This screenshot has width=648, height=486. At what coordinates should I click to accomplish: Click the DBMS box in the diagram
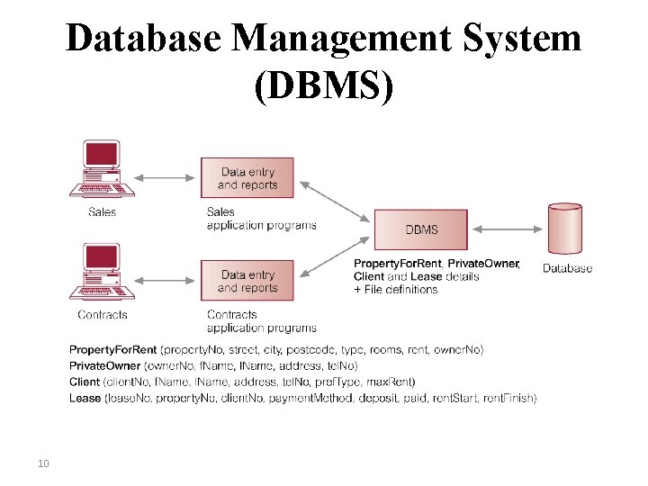420,229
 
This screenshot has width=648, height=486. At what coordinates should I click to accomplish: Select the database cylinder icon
565,229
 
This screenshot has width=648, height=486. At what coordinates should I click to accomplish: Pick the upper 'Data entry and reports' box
247,178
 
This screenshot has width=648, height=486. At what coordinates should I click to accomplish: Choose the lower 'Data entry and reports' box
247,281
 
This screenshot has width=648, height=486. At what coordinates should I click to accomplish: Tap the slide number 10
42,463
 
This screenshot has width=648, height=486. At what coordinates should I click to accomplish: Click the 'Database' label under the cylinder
567,268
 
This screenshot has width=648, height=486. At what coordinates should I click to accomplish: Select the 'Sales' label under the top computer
102,212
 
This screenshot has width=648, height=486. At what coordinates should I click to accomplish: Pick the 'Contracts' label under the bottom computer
102,315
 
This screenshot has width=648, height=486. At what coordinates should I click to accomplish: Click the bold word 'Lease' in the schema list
85,398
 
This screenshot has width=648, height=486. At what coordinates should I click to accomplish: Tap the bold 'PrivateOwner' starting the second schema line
104,365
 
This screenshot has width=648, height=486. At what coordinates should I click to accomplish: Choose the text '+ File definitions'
396,289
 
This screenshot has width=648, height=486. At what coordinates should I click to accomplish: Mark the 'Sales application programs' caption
261,219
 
